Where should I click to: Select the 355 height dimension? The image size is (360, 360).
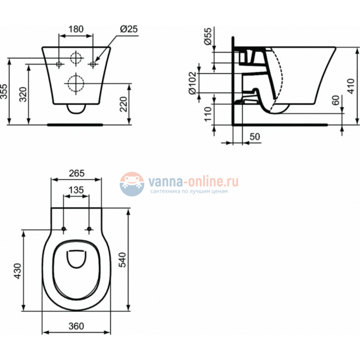4,91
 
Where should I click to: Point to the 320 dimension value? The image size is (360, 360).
23,95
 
